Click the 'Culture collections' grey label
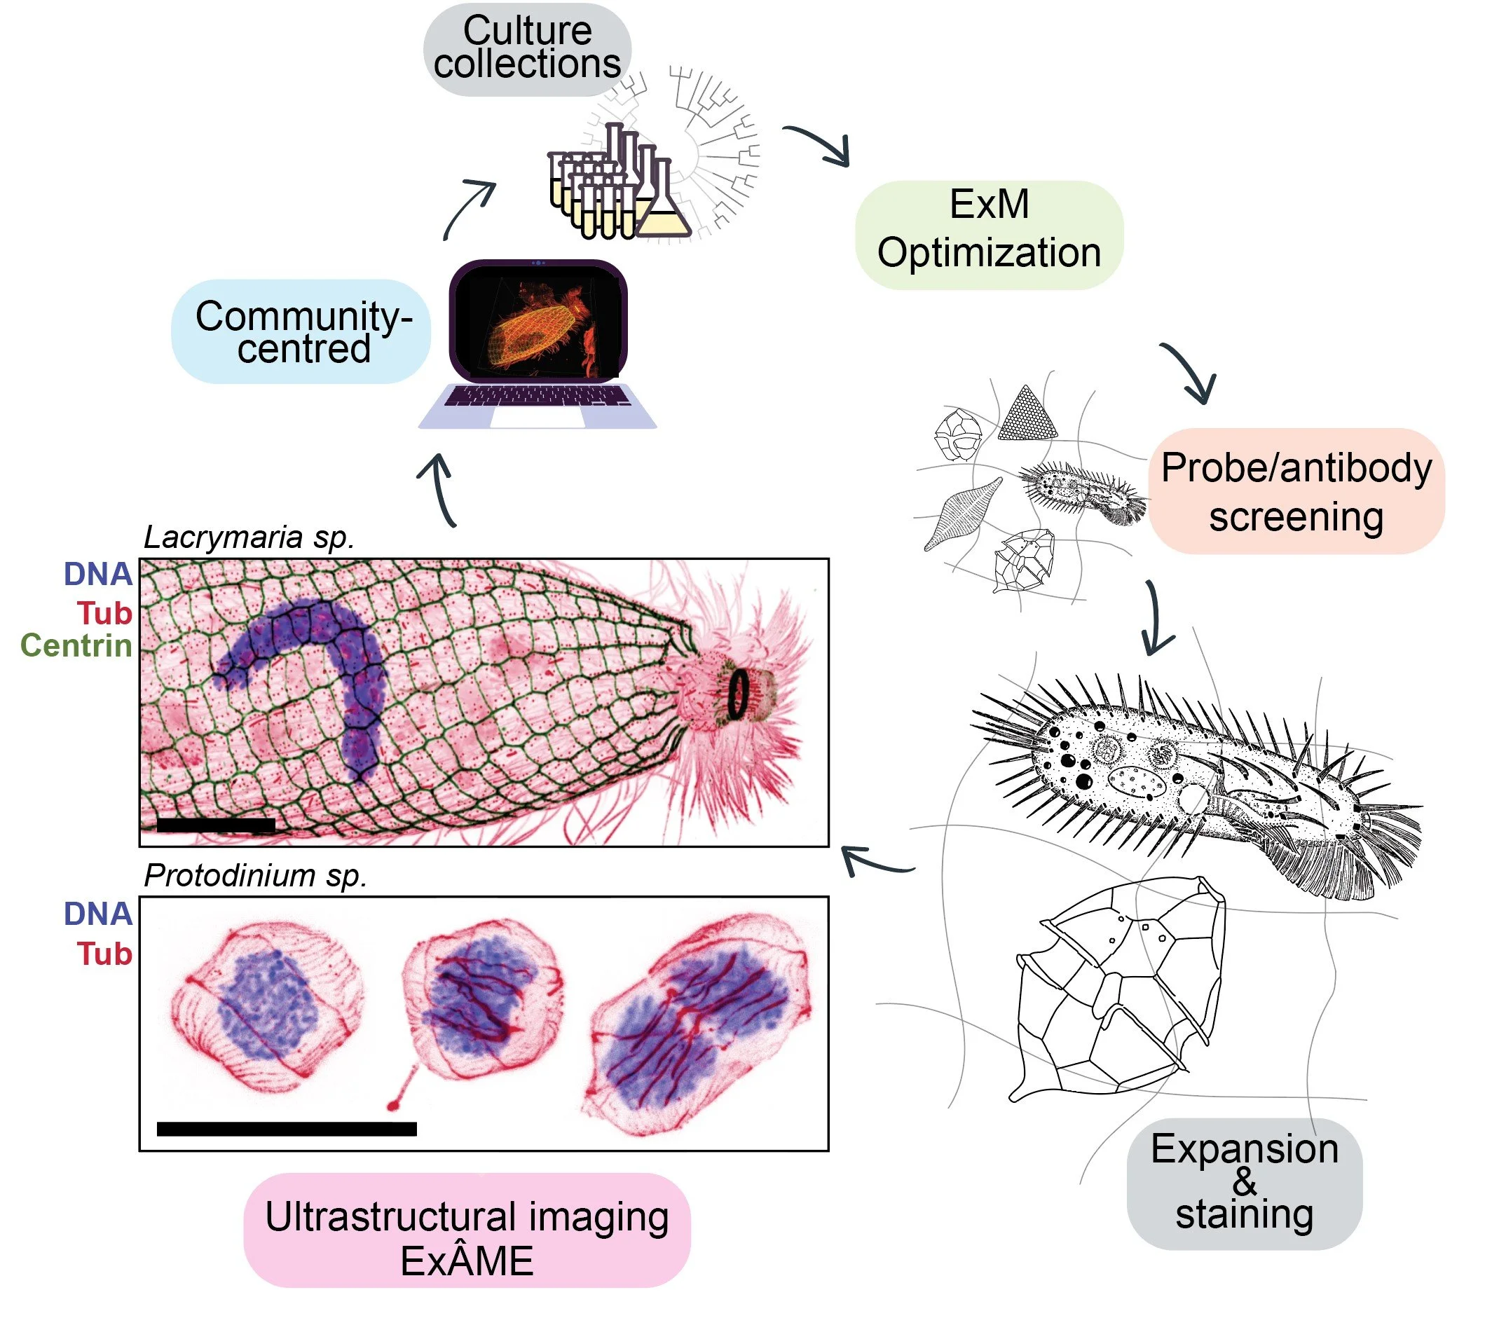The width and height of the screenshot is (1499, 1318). (x=526, y=48)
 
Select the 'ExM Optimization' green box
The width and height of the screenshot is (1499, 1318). (x=989, y=233)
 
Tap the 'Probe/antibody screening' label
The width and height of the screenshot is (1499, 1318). (x=1296, y=490)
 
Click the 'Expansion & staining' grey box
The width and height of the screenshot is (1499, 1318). (x=1244, y=1181)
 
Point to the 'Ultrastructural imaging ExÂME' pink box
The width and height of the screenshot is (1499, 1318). (x=467, y=1239)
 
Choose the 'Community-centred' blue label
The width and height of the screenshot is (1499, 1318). (x=301, y=331)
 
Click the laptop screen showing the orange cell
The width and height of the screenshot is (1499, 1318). (x=539, y=320)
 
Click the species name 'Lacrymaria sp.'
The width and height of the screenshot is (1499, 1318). (x=249, y=537)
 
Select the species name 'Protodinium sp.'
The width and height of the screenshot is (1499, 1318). (x=254, y=875)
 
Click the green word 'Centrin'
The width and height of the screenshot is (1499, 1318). (x=76, y=645)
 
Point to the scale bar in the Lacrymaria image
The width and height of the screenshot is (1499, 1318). (x=216, y=825)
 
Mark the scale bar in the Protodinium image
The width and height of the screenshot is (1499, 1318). (x=287, y=1129)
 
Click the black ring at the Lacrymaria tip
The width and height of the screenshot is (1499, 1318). (x=738, y=694)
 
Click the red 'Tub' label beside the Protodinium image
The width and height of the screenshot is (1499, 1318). (x=105, y=954)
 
